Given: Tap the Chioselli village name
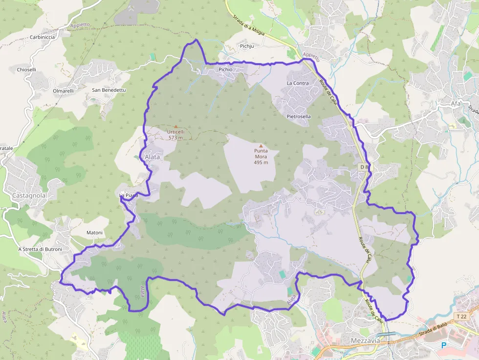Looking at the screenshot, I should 26,69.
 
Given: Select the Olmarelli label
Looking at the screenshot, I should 64,91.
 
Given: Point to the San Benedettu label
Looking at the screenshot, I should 109,90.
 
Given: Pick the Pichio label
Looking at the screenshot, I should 225,69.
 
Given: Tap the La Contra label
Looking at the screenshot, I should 298,83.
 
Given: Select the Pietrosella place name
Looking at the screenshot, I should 299,117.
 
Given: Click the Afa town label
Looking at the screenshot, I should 457,103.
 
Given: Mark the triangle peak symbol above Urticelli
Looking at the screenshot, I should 176,126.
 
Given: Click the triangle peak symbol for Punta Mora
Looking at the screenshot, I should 261,146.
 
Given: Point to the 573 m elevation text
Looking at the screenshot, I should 175,138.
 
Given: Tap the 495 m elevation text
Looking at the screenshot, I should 261,163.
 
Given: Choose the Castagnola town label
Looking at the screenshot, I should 29,195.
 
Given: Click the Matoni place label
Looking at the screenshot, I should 94,233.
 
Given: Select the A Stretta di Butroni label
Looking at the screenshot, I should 40,249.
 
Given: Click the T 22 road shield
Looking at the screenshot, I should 461,317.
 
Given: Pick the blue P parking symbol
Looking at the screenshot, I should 444,345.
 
